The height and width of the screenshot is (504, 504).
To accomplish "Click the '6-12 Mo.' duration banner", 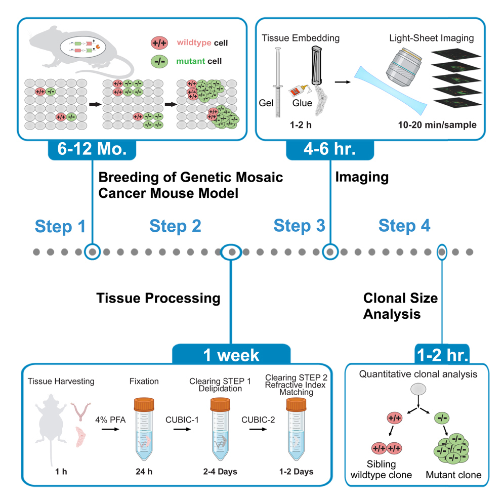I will [92, 150].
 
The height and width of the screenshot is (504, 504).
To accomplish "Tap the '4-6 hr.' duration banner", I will [329, 150].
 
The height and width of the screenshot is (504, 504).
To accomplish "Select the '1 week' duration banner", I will [231, 355].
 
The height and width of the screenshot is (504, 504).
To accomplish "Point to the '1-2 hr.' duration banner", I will [442, 355].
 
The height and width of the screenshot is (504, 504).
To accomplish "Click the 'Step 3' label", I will [299, 226].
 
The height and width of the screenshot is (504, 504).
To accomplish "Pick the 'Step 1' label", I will [60, 226].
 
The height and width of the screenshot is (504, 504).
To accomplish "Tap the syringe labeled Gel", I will [276, 81].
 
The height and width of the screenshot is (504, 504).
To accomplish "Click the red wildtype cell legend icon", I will [161, 43].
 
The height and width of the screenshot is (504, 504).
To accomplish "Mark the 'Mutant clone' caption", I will [453, 475].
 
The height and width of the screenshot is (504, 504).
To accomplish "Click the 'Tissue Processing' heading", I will [158, 298].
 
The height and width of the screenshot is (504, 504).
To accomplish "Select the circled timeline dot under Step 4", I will [442, 251].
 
